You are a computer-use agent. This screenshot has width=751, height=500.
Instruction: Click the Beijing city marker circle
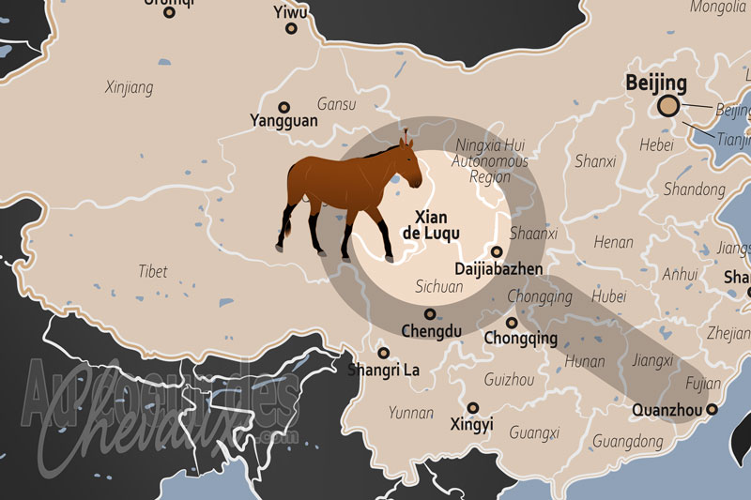[669, 106]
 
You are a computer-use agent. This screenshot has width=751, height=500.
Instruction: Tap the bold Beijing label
[656, 83]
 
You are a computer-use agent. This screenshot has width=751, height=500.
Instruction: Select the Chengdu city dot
[430, 314]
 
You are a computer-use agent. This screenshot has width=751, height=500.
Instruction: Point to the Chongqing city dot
[512, 323]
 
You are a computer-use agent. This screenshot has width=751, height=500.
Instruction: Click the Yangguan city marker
[284, 107]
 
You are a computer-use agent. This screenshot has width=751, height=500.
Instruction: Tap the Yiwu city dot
[291, 28]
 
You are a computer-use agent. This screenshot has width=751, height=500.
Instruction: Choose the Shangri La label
[385, 370]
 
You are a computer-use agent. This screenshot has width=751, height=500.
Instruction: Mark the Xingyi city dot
[473, 408]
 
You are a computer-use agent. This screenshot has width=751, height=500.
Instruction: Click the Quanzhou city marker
[712, 409]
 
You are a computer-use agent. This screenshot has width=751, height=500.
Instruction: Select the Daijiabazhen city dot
[496, 251]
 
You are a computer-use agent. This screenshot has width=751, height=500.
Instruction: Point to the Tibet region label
[153, 271]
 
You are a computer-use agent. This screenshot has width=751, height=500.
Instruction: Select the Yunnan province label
[411, 413]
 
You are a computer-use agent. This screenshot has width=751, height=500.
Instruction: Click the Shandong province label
[695, 189]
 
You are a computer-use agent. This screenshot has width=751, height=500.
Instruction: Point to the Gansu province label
[337, 103]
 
